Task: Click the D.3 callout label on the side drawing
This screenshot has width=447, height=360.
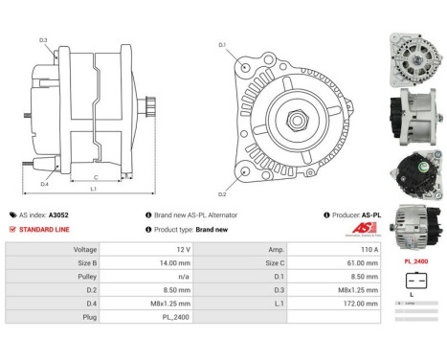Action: tap(44, 40)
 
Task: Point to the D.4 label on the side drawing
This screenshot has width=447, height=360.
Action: tap(45, 184)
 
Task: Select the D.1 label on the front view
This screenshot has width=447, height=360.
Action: tap(222, 45)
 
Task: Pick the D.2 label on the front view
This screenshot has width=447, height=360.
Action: tap(222, 194)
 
